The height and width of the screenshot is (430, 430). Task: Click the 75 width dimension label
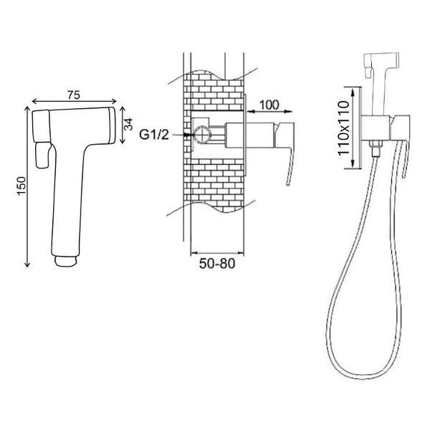74,95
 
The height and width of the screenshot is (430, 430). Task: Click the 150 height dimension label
21,186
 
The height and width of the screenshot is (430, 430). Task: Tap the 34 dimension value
128,124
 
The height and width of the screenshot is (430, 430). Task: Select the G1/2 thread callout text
154,135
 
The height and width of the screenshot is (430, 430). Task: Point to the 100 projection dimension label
269,105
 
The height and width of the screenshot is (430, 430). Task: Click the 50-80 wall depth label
217,264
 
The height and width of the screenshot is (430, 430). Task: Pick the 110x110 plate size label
343,128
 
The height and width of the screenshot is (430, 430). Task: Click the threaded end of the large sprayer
67,261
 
